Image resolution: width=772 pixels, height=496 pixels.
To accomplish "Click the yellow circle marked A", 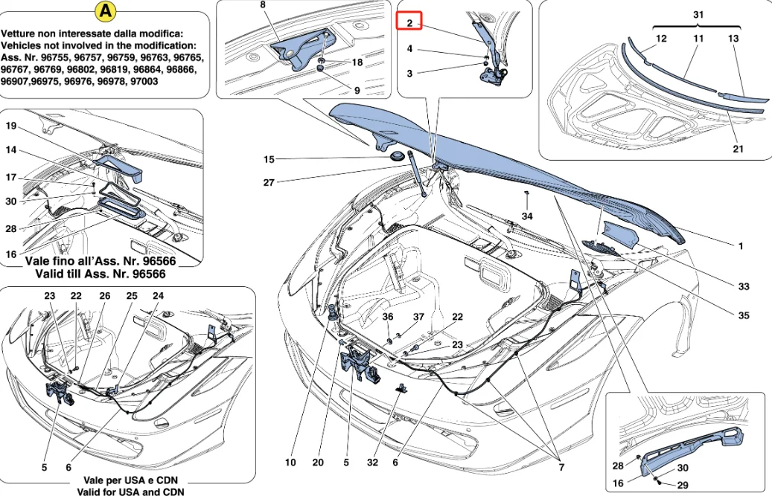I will point(107,12).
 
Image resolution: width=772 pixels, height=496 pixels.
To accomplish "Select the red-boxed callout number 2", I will point(409,22).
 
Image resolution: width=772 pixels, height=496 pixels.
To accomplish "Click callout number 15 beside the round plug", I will point(269,159).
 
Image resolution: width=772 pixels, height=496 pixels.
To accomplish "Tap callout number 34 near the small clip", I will point(527,216).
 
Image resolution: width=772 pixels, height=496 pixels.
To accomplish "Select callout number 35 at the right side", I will point(743,315).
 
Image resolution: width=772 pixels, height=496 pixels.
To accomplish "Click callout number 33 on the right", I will point(743,286).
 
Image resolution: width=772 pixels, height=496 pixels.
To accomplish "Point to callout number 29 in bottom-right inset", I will point(681,484).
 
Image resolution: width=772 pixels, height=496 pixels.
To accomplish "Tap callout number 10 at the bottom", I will point(290,462).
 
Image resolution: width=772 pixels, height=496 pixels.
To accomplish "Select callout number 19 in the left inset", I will point(11,126).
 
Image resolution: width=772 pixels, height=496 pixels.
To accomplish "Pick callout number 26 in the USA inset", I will point(104,296).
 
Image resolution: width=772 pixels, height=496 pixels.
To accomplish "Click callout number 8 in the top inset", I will point(262,4).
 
